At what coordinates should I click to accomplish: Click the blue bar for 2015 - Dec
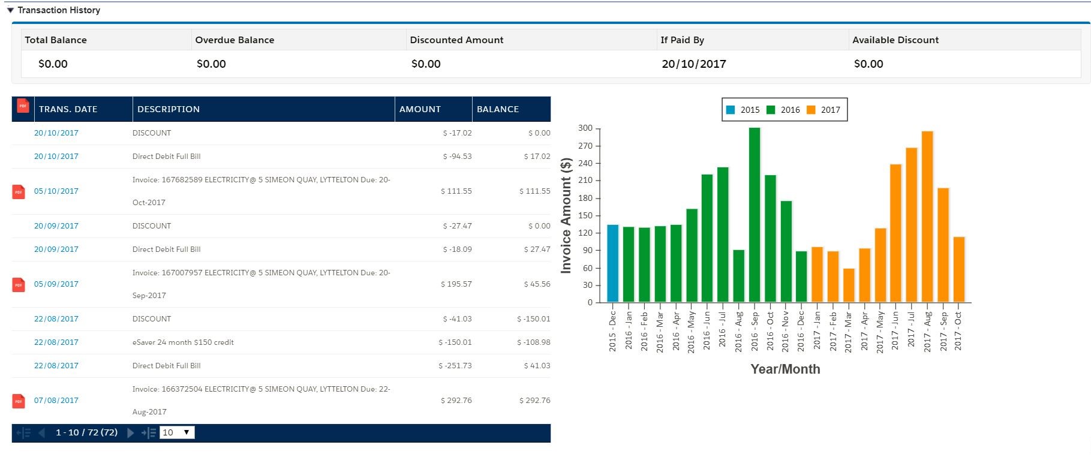click(x=612, y=263)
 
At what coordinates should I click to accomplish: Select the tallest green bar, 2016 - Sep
click(x=755, y=215)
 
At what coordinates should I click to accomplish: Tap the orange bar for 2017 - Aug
click(x=927, y=217)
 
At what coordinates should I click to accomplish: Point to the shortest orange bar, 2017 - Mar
click(x=849, y=285)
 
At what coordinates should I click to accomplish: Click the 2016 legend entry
click(x=783, y=110)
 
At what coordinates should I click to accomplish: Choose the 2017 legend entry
click(x=823, y=110)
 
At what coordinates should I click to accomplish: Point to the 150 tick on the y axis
click(x=585, y=215)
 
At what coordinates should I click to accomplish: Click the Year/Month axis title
click(x=785, y=369)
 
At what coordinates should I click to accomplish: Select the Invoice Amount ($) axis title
click(x=566, y=216)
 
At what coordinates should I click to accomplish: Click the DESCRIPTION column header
click(x=169, y=109)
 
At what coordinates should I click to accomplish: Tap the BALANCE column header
click(x=498, y=109)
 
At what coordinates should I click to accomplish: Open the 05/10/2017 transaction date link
click(x=56, y=191)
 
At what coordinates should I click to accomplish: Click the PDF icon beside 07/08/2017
click(x=19, y=401)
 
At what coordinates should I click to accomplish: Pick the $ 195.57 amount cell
click(x=456, y=284)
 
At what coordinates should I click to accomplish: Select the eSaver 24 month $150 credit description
click(x=183, y=342)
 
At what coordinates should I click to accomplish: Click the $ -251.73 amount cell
click(x=455, y=366)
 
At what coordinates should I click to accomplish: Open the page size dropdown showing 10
click(x=177, y=432)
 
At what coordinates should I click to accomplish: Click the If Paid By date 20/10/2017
click(x=694, y=64)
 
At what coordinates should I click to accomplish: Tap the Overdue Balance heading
click(x=235, y=40)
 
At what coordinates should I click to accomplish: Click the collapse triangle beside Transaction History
click(x=10, y=10)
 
